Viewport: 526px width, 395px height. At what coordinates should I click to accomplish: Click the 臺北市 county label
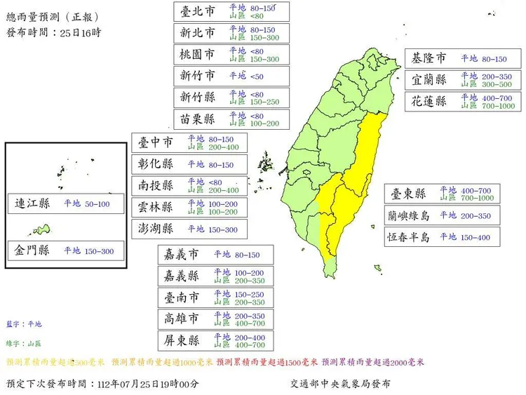coord(198,11)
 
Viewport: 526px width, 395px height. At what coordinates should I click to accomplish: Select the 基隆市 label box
coord(429,59)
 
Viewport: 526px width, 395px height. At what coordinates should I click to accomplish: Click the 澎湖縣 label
coord(156,229)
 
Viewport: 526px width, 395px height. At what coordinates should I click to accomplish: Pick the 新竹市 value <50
coord(257,76)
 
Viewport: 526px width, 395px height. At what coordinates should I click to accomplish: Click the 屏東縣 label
coord(182,341)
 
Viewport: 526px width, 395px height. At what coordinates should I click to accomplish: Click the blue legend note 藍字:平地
coord(25,324)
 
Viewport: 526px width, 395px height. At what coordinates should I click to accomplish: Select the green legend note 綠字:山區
coord(25,344)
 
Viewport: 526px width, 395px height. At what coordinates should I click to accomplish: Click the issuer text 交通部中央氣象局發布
coord(341,384)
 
